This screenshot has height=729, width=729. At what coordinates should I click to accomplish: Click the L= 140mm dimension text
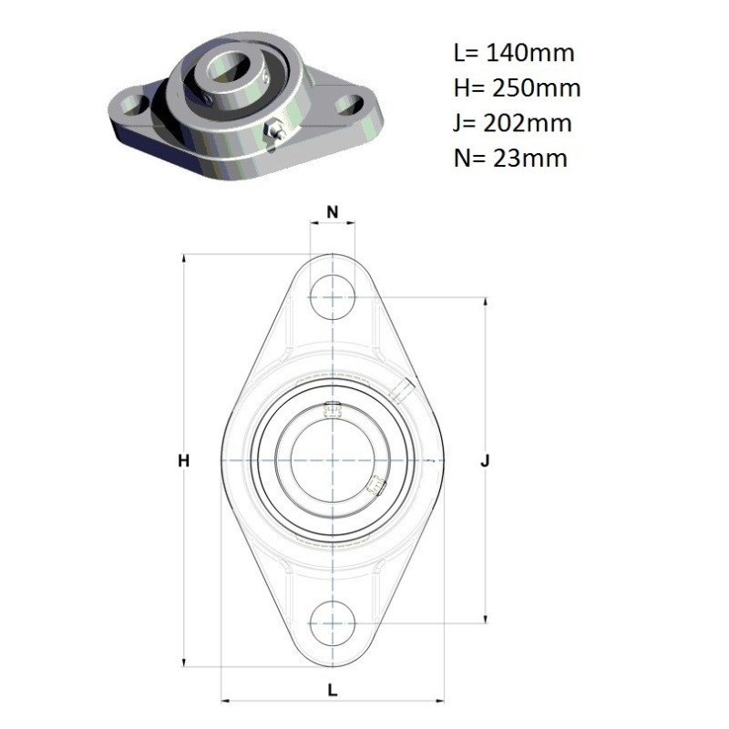click(514, 53)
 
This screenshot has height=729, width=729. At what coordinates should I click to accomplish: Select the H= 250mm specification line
click(517, 87)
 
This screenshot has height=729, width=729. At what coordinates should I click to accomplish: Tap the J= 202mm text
click(512, 123)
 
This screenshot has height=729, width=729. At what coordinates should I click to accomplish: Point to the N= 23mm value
click(510, 159)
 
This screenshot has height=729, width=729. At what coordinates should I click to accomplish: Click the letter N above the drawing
click(333, 212)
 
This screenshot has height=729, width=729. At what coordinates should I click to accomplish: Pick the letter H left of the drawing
click(184, 461)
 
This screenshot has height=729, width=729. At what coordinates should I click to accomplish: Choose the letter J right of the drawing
click(486, 461)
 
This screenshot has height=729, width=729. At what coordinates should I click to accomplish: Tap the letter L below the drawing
click(333, 691)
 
